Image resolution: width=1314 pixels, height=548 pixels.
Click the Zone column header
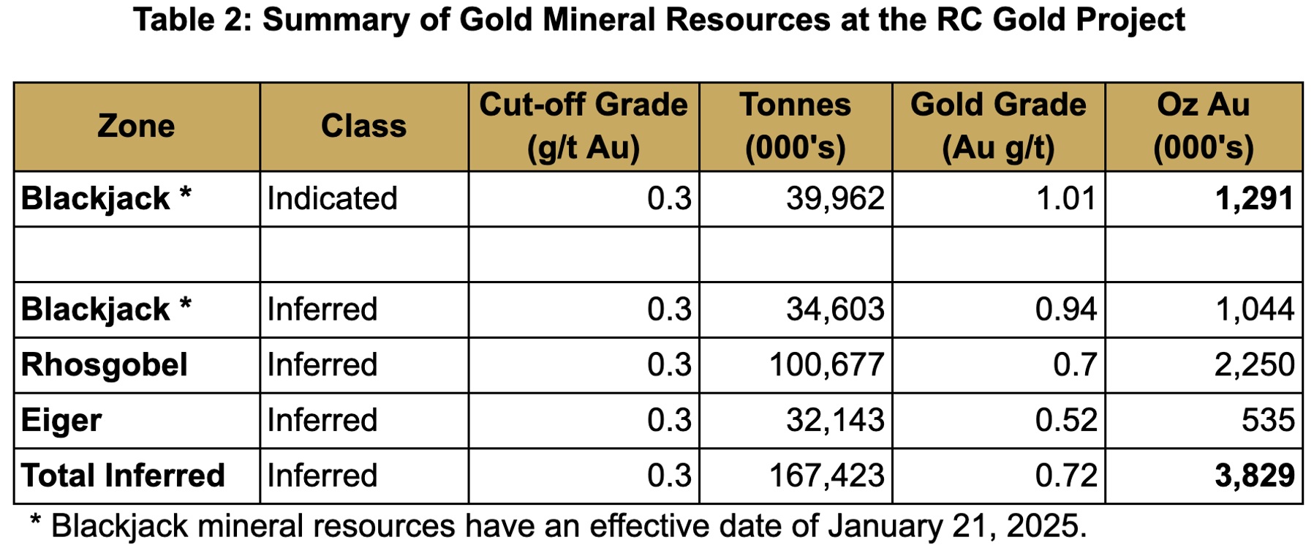coord(136,126)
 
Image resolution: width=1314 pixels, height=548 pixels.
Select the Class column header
coord(363,126)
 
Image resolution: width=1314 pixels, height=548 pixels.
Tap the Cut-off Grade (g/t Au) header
coord(584,126)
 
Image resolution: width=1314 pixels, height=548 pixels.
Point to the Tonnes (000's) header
coord(796,126)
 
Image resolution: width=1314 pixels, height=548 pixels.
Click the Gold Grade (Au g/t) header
coord(998,126)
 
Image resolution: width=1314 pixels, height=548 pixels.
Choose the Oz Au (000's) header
coord(1204,126)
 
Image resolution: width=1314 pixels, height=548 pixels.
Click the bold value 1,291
coord(1255,199)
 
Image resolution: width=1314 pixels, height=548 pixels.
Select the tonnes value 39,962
coord(835,199)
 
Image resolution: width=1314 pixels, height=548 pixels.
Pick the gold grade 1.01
coord(1066,199)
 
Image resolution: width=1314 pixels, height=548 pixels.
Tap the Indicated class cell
coord(332,199)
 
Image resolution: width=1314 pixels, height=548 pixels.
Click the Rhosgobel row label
coord(105,365)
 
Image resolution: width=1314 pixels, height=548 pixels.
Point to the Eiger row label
coord(61,421)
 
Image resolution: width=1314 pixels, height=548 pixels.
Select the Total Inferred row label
coord(123,476)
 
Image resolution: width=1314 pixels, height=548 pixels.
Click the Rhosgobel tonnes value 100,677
coord(826,365)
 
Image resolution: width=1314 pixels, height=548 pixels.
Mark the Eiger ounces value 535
coord(1268,421)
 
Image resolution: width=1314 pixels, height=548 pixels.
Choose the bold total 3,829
coord(1255,476)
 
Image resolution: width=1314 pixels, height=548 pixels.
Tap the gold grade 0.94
coord(1066,309)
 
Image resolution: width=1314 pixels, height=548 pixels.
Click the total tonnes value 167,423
coord(826,476)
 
